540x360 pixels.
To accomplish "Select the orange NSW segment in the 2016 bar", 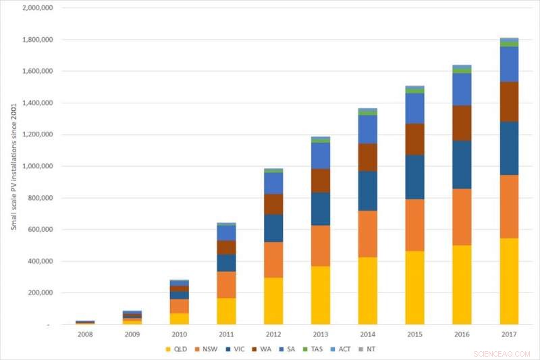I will pos(462,217).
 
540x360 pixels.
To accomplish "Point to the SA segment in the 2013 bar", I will pos(321,155).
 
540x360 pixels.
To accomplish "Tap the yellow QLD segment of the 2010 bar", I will pos(179,318).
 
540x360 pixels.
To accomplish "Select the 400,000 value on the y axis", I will pos(38,261).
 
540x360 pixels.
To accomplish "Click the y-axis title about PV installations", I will pos(13,166).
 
